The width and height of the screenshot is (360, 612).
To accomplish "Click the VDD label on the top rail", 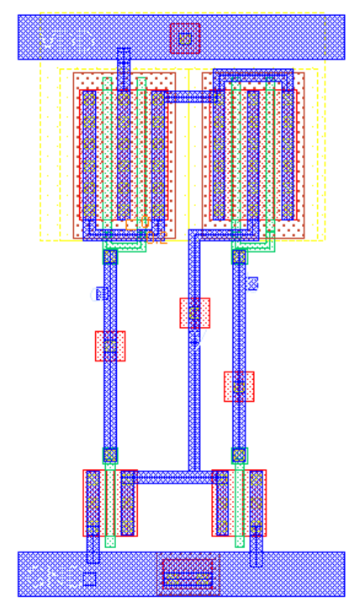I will (67, 39).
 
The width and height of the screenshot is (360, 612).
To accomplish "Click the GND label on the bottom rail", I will (50, 576).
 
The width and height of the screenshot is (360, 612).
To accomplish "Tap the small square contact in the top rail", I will (185, 38).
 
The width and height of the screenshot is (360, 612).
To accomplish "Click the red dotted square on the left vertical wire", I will (110, 346).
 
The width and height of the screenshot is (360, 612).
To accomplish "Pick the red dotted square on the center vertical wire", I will (194, 313).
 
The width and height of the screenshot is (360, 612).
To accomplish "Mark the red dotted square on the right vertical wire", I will (239, 386).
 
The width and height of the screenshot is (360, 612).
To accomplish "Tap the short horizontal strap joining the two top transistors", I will (190, 97).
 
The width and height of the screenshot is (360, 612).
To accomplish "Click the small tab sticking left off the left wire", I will (101, 293).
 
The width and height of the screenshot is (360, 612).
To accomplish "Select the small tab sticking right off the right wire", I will (251, 283).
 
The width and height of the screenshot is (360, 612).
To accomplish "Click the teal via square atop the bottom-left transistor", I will (110, 455).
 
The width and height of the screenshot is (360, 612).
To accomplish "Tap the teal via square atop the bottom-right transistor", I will (239, 455).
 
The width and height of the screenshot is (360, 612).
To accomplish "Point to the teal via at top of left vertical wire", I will (110, 256).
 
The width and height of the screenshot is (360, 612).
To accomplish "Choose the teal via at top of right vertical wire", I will (239, 256).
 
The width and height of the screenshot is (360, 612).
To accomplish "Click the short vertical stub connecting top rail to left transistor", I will (124, 67).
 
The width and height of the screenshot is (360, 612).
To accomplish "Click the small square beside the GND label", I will (89, 578).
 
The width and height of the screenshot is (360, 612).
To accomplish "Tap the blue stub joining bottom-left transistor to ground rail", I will (93, 547).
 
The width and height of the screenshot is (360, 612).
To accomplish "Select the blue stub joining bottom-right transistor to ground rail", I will (256, 547).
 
